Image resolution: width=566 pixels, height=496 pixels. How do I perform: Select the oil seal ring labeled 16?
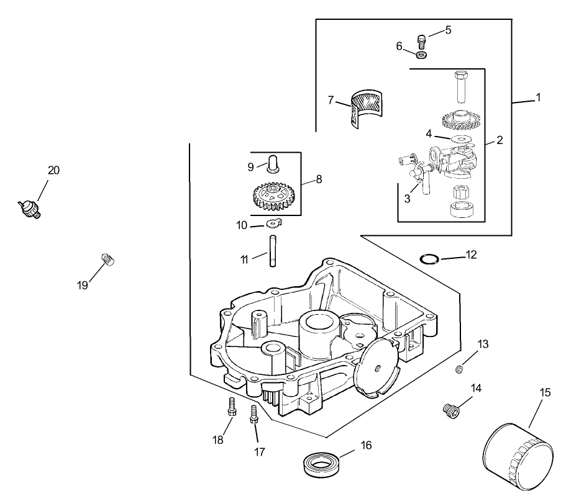coord(321,462)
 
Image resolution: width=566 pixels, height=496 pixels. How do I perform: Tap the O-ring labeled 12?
coord(429,258)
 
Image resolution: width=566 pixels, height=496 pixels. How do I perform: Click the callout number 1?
coord(538,97)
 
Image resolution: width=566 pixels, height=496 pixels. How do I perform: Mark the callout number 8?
coord(319,179)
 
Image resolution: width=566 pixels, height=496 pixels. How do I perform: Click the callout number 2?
coord(500,141)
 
